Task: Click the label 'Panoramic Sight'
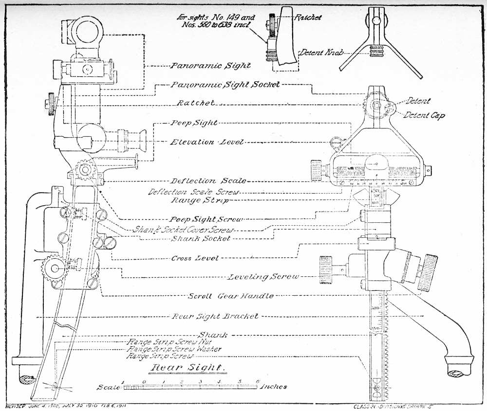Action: pyautogui.click(x=210, y=66)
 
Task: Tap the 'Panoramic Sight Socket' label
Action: pyautogui.click(x=225, y=84)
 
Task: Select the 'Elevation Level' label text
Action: pyautogui.click(x=206, y=142)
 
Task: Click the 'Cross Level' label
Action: pyautogui.click(x=189, y=258)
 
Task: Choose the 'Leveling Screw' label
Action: pyautogui.click(x=263, y=277)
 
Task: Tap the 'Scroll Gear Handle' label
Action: pyautogui.click(x=231, y=296)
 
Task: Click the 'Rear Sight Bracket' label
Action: pyautogui.click(x=215, y=316)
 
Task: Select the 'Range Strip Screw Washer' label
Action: pyautogui.click(x=174, y=349)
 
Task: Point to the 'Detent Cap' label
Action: pyautogui.click(x=424, y=116)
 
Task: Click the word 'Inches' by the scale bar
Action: pyautogui.click(x=274, y=387)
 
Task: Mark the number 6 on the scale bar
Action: pyautogui.click(x=258, y=381)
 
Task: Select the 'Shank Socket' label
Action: pyautogui.click(x=200, y=238)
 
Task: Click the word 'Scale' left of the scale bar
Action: pyautogui.click(x=109, y=387)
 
